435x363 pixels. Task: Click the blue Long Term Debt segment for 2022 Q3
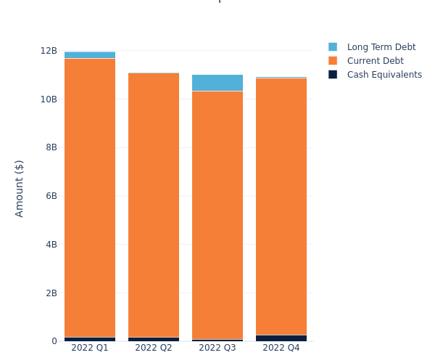217,83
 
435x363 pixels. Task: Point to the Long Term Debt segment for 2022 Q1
90,55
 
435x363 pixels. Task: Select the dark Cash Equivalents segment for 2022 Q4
281,338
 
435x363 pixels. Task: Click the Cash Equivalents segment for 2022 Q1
90,339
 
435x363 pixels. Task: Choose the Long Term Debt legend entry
381,47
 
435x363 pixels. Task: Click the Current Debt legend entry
375,61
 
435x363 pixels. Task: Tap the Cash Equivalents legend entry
384,75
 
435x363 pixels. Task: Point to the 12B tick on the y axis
49,51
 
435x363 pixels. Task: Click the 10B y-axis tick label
49,99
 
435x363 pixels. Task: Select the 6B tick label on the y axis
51,196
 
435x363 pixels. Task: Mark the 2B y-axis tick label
51,293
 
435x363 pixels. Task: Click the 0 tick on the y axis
54,341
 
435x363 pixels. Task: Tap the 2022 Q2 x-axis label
154,348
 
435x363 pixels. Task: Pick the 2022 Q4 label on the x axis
281,348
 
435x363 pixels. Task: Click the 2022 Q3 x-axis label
217,348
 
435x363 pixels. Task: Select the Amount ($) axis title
20,188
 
